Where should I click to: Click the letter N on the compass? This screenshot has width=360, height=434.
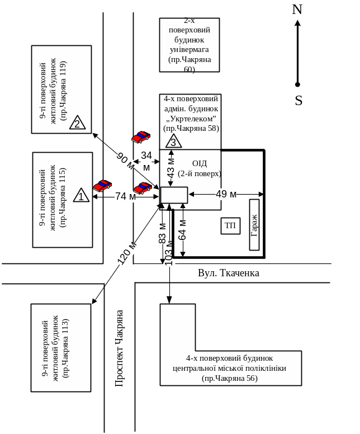pyautogui.click(x=297, y=10)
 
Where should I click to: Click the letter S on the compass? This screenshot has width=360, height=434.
pyautogui.click(x=299, y=101)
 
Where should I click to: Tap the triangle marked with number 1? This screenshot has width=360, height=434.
pyautogui.click(x=82, y=195)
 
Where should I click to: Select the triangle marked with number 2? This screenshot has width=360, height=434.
pyautogui.click(x=77, y=122)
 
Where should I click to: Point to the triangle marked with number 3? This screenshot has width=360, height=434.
pyautogui.click(x=173, y=141)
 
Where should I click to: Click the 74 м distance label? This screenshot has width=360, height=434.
pyautogui.click(x=125, y=196)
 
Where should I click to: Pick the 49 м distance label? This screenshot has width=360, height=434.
pyautogui.click(x=226, y=194)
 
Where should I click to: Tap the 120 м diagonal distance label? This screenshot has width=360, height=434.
pyautogui.click(x=127, y=253)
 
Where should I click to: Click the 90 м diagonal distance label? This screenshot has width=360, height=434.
pyautogui.click(x=125, y=161)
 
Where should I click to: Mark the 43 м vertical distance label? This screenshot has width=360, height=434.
pyautogui.click(x=171, y=166)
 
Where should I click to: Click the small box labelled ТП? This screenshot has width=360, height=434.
pyautogui.click(x=230, y=225)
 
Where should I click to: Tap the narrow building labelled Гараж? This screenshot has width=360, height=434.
pyautogui.click(x=254, y=225)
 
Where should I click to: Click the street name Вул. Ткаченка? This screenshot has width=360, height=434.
pyautogui.click(x=229, y=273)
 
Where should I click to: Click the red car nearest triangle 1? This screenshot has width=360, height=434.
pyautogui.click(x=102, y=185)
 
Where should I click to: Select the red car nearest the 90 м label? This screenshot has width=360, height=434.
pyautogui.click(x=141, y=137)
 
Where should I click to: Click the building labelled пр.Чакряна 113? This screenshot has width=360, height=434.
pyautogui.click(x=60, y=347)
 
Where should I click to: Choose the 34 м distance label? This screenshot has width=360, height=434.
pyautogui.click(x=146, y=161)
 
